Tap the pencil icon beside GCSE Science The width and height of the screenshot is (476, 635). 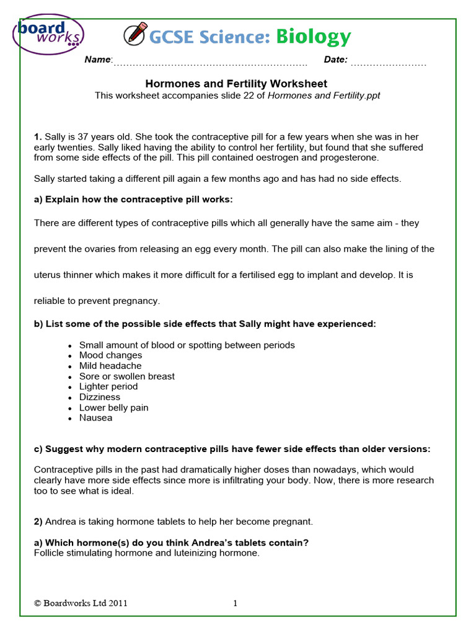click(134, 35)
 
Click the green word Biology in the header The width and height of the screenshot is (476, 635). click(313, 37)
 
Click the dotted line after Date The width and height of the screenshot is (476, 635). click(389, 62)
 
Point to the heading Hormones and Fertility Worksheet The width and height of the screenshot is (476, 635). click(236, 84)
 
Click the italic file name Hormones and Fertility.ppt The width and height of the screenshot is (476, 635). click(324, 95)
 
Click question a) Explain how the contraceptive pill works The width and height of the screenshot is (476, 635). click(133, 199)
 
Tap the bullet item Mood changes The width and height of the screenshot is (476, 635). click(110, 355)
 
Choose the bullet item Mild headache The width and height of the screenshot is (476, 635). click(110, 366)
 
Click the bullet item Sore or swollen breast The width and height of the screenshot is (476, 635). click(126, 376)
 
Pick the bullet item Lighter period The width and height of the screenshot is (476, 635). click(108, 386)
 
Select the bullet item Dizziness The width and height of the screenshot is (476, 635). click(100, 397)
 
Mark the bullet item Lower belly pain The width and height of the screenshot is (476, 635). click(113, 407)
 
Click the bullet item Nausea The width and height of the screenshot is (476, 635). click(95, 418)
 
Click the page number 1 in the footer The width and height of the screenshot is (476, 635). click(236, 603)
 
